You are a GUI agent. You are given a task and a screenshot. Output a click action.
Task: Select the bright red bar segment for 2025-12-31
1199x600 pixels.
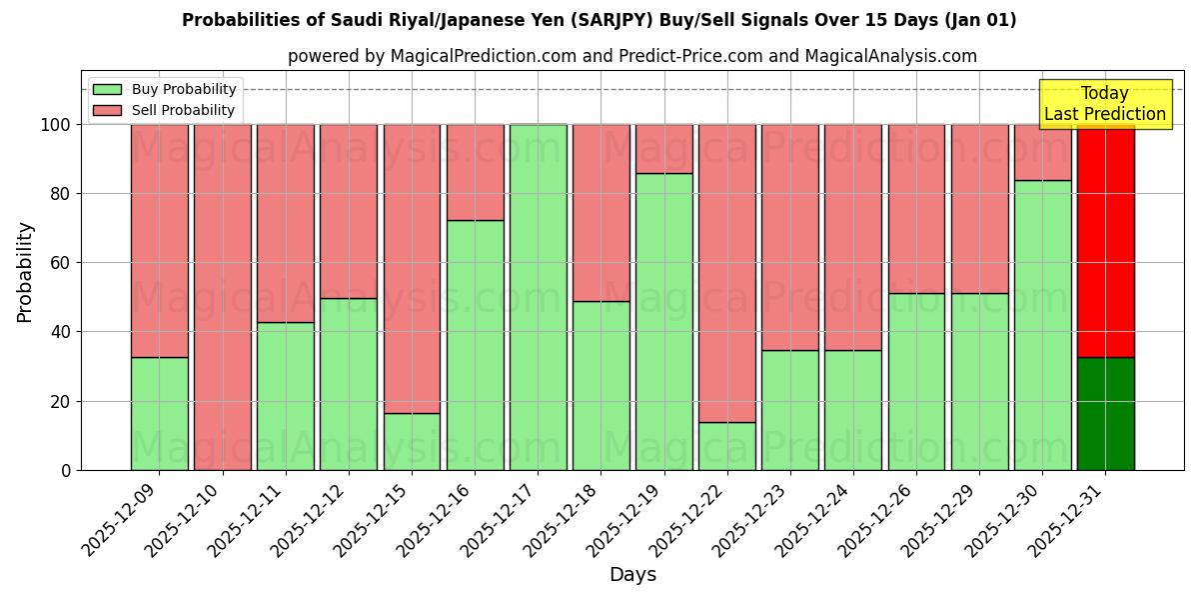pyautogui.click(x=1105, y=240)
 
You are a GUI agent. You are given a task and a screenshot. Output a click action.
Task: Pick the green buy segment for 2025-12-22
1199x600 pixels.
pyautogui.click(x=727, y=446)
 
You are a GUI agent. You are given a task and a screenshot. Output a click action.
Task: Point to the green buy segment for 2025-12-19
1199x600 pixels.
pyautogui.click(x=663, y=321)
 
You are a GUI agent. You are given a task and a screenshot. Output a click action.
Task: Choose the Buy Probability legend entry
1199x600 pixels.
pyautogui.click(x=184, y=89)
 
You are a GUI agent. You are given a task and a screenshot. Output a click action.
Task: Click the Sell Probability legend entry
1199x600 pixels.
pyautogui.click(x=183, y=110)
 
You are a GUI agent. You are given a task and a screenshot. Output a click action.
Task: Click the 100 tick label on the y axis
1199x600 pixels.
pyautogui.click(x=54, y=125)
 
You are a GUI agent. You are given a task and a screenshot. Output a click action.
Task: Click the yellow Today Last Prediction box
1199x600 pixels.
pyautogui.click(x=1104, y=104)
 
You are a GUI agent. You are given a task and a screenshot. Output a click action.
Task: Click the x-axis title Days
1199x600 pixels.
pyautogui.click(x=632, y=575)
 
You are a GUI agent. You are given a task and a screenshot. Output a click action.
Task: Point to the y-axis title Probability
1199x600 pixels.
pyautogui.click(x=25, y=272)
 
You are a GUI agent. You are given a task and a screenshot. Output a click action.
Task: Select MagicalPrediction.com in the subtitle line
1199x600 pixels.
pyautogui.click(x=483, y=56)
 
